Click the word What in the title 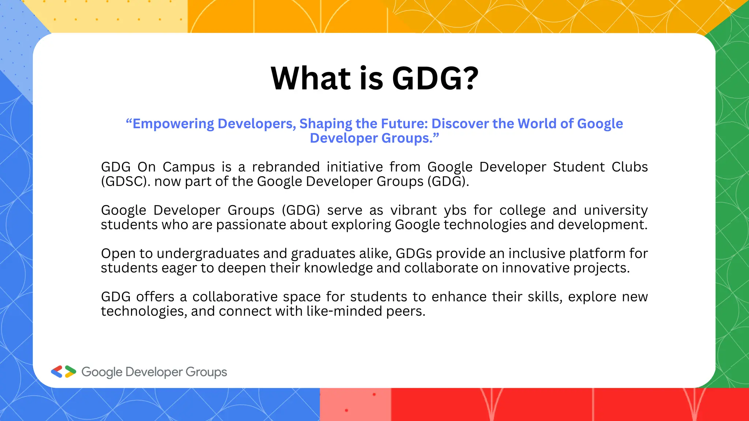tap(311, 79)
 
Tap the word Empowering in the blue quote tap(173, 124)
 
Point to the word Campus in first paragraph tap(189, 167)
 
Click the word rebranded tap(286, 167)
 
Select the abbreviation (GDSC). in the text tap(125, 182)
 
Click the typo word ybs tap(455, 210)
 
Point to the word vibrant tap(414, 210)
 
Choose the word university tap(616, 210)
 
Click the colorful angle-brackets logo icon tap(63, 372)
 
